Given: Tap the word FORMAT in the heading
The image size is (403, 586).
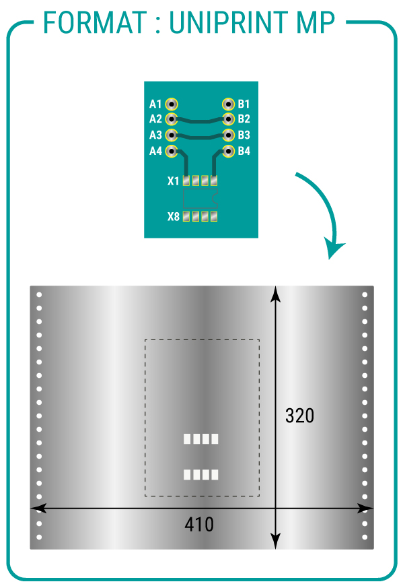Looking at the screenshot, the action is point(95,22).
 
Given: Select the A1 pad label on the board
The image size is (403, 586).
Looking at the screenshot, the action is point(155,104).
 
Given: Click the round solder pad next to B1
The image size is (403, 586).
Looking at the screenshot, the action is point(228,104).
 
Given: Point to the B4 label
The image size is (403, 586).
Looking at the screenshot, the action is point(244,151).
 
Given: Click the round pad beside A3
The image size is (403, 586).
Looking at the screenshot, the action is point(172,135).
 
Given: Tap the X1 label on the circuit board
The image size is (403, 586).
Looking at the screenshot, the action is point(173,181).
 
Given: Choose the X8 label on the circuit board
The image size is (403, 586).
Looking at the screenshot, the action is point(173,216).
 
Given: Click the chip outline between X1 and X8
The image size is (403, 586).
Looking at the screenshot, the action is point(200,199).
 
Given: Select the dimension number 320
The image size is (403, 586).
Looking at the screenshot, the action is point(299,416).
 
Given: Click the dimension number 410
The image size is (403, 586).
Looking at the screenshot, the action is point(199,524).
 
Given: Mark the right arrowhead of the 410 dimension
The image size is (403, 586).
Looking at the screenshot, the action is point(365,509).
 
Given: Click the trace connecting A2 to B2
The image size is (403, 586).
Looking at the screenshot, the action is point(200,121).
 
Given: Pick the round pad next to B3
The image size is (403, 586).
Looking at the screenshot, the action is point(228,135).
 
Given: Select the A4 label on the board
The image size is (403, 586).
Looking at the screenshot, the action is point(155,151).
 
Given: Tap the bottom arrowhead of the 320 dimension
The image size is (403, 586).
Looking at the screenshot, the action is point(275,542).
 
